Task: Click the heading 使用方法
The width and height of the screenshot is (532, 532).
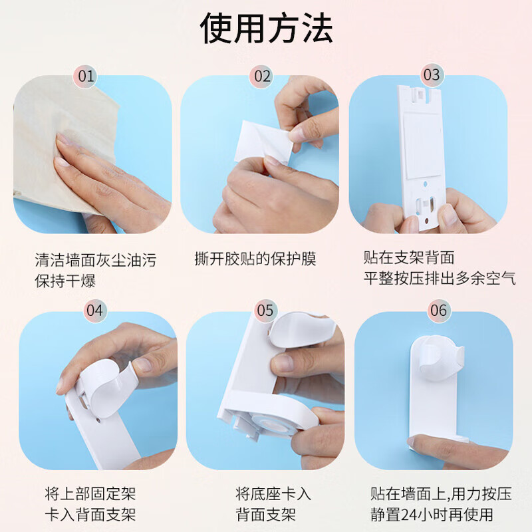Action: tap(267, 28)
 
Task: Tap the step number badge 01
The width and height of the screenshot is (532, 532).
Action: tap(86, 76)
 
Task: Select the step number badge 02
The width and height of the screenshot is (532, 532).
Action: tap(263, 76)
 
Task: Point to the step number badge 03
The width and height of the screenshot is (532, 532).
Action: tap(432, 75)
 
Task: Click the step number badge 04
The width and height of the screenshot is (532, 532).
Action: tap(94, 311)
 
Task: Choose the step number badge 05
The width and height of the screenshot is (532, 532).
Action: tap(265, 311)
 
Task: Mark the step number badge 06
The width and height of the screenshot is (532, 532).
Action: tap(438, 311)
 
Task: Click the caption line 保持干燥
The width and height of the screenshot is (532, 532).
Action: tap(65, 281)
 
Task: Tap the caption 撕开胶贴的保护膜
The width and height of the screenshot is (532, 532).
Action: tap(255, 259)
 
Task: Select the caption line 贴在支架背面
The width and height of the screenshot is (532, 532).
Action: tap(409, 257)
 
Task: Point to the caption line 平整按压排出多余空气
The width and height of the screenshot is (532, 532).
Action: tap(440, 279)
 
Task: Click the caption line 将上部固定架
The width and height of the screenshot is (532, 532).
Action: tap(90, 493)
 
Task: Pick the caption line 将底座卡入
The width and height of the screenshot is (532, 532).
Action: tap(273, 493)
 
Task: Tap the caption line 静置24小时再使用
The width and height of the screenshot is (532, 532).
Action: tap(432, 514)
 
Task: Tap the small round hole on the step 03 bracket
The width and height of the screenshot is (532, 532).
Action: tap(426, 184)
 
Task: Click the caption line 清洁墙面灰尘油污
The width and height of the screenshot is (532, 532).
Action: tap(96, 260)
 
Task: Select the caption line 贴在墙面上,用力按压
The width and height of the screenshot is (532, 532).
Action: tap(441, 494)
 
